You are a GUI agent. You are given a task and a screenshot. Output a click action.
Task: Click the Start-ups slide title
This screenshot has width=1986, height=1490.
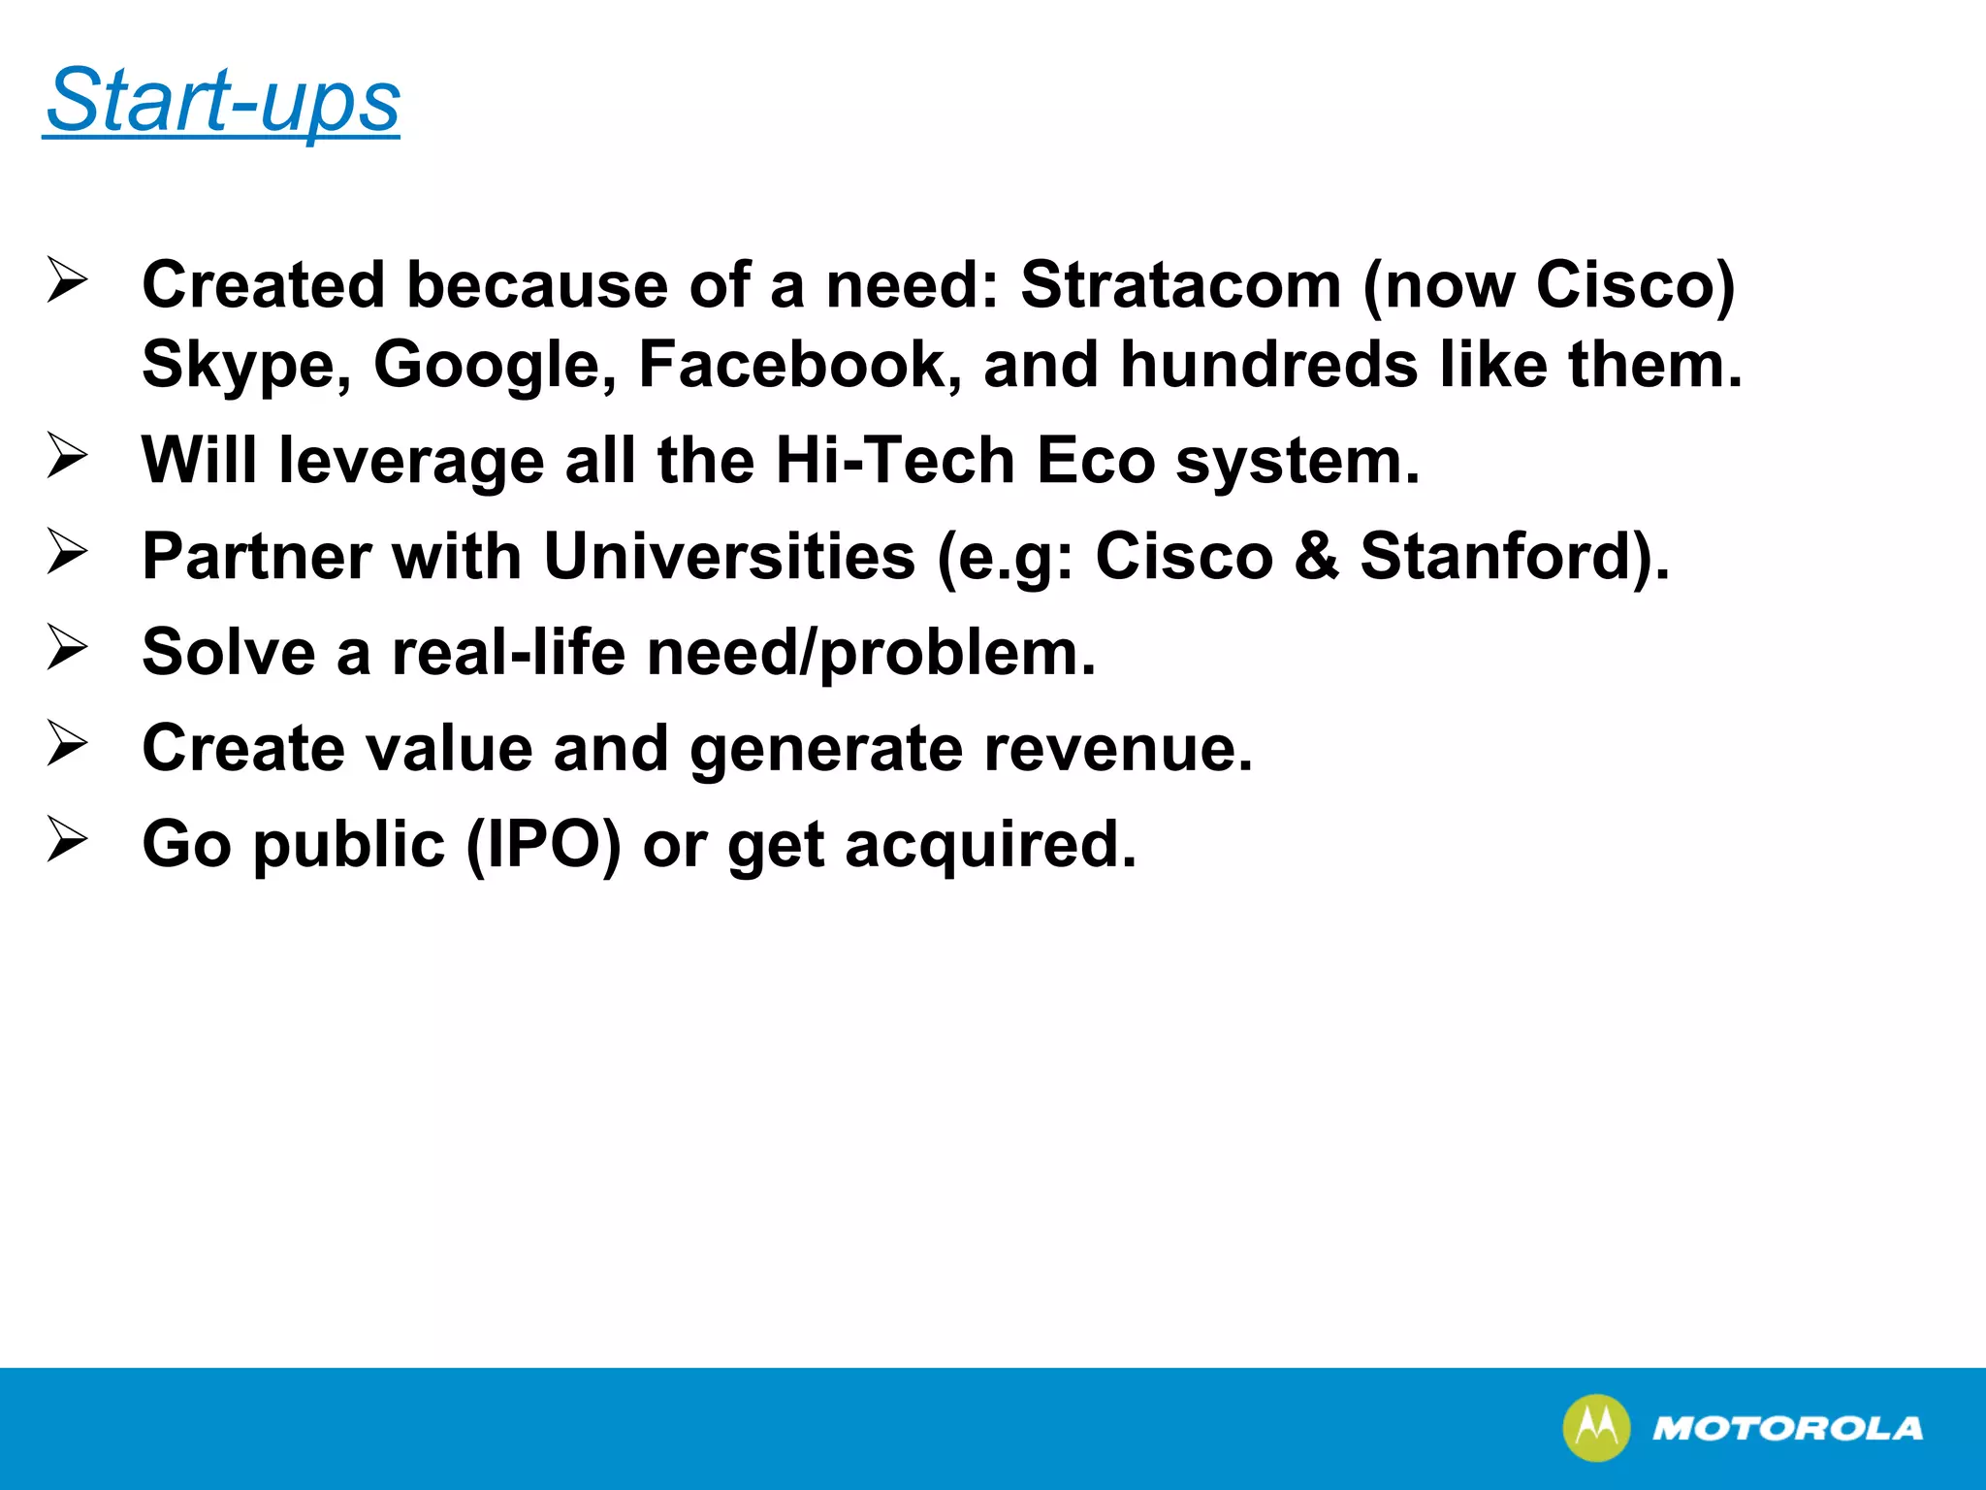point(222,101)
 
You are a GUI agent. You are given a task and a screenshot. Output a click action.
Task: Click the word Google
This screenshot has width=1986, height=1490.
point(495,366)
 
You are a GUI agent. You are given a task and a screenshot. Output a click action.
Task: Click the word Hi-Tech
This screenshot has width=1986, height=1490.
point(895,460)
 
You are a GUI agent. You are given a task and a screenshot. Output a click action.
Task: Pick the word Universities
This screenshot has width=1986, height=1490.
point(729,556)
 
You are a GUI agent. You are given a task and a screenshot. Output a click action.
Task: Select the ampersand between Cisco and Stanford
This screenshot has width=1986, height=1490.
point(1316,556)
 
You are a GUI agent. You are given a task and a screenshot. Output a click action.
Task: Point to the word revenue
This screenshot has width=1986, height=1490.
point(1118,749)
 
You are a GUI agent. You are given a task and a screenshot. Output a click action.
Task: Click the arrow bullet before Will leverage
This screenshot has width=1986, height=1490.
point(67,456)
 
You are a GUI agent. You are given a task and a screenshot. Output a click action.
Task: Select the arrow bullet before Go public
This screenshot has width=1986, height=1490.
point(67,840)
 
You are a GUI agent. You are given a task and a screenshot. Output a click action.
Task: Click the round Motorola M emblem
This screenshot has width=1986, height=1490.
point(1595,1428)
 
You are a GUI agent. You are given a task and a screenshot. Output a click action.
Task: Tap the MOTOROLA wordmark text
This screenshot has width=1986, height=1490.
point(1786,1428)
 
